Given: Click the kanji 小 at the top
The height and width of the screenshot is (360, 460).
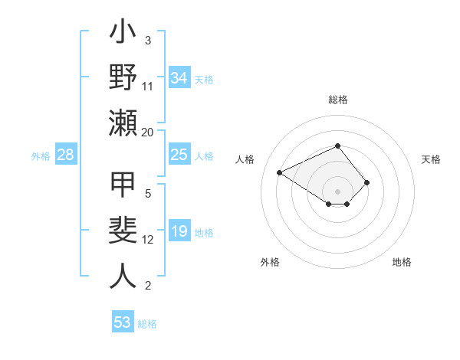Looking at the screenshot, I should pyautogui.click(x=123, y=35).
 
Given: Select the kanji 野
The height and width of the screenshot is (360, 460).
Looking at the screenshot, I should pyautogui.click(x=123, y=77).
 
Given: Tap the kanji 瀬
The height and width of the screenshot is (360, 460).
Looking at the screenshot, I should pyautogui.click(x=123, y=123).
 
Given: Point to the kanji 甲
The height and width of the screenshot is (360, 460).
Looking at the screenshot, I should pyautogui.click(x=123, y=185).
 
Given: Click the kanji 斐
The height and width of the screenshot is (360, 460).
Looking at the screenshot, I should pyautogui.click(x=123, y=232).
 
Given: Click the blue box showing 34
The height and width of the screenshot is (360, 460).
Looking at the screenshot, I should pyautogui.click(x=179, y=78).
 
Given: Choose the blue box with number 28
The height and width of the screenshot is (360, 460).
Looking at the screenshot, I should pyautogui.click(x=66, y=155).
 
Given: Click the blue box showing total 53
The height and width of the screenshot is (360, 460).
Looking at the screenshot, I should pyautogui.click(x=123, y=322).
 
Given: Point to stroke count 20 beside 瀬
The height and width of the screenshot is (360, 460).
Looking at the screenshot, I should pyautogui.click(x=148, y=132).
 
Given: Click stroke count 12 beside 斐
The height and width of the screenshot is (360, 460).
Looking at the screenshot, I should pyautogui.click(x=148, y=240).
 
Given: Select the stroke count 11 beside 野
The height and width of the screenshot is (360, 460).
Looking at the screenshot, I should pyautogui.click(x=148, y=86).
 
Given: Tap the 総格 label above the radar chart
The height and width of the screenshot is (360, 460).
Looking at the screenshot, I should pyautogui.click(x=337, y=100).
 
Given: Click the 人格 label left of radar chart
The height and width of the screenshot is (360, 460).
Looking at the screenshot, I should pyautogui.click(x=245, y=159).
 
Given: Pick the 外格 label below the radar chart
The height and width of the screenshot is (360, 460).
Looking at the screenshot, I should pyautogui.click(x=270, y=262).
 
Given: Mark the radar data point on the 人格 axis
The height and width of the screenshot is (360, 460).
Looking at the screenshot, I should pyautogui.click(x=280, y=172).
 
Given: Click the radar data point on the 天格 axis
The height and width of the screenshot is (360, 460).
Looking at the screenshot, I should pyautogui.click(x=367, y=182).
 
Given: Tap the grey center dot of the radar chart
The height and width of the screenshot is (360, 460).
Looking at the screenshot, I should pyautogui.click(x=337, y=191).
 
